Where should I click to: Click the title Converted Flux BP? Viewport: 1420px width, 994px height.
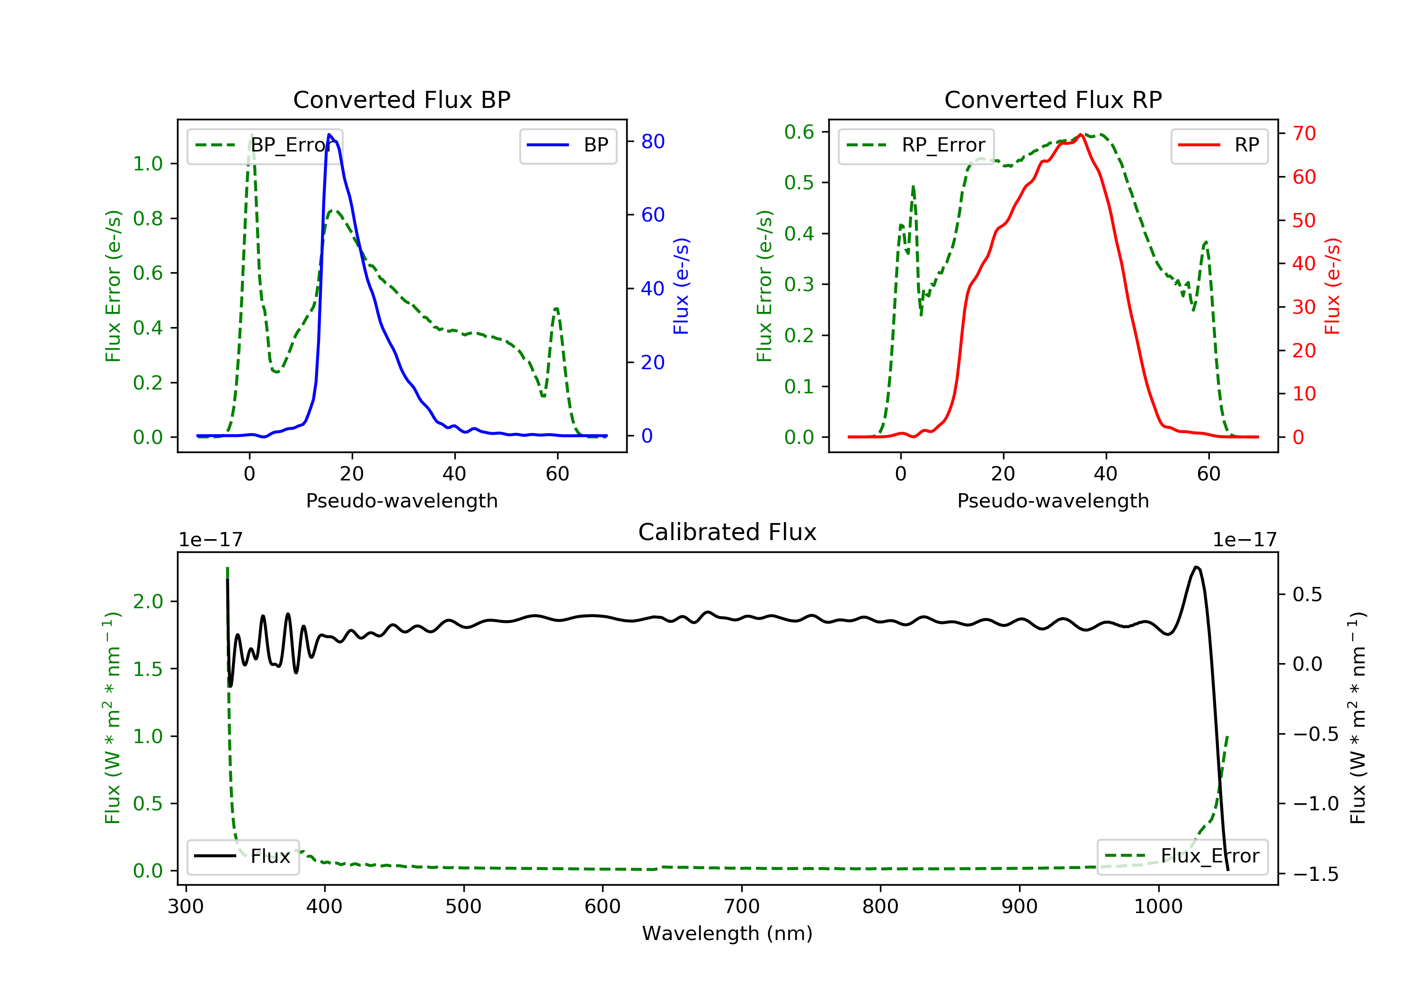[401, 99]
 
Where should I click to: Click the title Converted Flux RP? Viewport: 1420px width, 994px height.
[1053, 99]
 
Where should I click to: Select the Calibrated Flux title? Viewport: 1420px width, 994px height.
[728, 532]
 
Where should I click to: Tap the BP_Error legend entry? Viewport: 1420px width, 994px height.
[265, 145]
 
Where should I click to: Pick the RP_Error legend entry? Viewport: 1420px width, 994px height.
[916, 145]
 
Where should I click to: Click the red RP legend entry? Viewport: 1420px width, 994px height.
[1219, 145]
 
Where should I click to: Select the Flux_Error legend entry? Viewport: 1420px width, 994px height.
[1182, 856]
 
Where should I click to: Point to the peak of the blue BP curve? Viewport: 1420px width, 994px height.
[329, 134]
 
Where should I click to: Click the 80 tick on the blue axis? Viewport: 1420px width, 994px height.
[652, 142]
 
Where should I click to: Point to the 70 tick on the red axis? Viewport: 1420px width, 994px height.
[1304, 133]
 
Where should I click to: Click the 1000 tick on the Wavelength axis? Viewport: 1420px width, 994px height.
[1158, 907]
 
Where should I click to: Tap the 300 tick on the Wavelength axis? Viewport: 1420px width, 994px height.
[186, 907]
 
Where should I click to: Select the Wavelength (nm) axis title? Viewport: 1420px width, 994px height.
[728, 933]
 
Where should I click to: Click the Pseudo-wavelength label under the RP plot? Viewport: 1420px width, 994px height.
[1053, 500]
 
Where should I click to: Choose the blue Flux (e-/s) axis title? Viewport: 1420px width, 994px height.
[681, 286]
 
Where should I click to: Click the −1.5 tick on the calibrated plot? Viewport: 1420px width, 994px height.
[1315, 874]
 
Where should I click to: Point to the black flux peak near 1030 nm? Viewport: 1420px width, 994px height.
[1197, 567]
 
